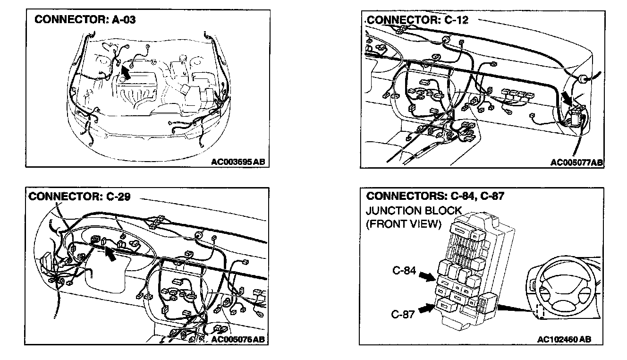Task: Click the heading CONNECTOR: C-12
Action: (x=417, y=20)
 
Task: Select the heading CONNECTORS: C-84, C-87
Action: (x=435, y=196)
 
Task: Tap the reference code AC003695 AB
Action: (x=238, y=162)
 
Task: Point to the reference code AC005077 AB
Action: (x=576, y=163)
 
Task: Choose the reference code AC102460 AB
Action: (x=564, y=340)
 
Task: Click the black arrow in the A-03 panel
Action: (x=125, y=72)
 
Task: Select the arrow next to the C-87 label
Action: (x=426, y=309)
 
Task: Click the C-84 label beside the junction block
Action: (x=404, y=271)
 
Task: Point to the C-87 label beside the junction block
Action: (x=403, y=313)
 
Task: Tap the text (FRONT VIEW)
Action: (x=403, y=224)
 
